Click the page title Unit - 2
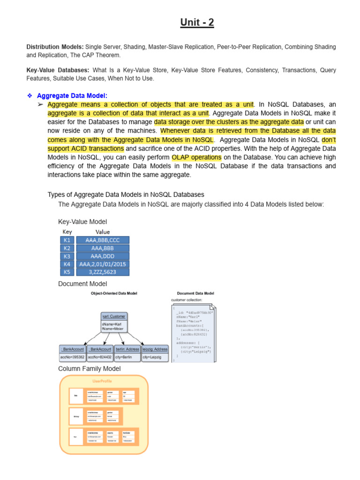point(197,22)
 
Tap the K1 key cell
point(67,240)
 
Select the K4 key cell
point(67,264)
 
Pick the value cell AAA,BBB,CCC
point(102,240)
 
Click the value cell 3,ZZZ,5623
point(102,272)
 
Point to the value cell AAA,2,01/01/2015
point(102,264)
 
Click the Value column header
point(102,232)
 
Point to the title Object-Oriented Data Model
point(114,293)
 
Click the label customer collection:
point(187,300)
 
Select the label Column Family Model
point(89,369)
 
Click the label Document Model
point(82,284)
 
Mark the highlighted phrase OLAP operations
point(196,157)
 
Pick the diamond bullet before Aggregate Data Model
point(30,96)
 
